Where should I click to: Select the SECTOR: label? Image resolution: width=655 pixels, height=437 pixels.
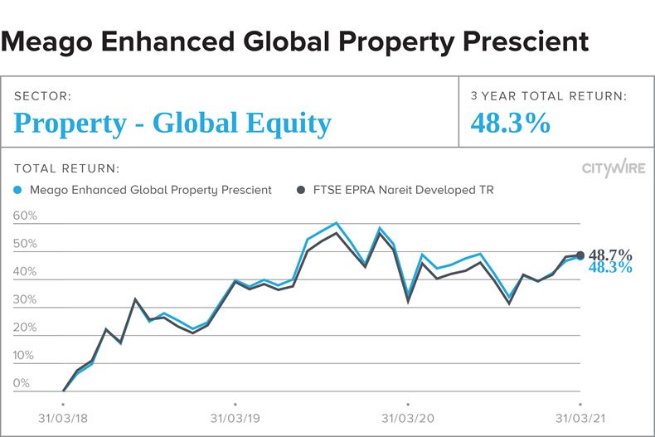pos(43,96)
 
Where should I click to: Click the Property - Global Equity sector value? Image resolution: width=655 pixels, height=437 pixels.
pos(172,124)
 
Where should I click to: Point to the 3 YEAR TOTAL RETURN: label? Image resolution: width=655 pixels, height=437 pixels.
pos(549,96)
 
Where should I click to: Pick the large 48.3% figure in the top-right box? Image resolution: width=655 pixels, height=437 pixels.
pos(511,124)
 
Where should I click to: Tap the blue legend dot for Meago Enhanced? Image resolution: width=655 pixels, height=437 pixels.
pos(19,190)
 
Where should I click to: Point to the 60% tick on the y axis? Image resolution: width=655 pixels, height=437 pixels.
pos(26,216)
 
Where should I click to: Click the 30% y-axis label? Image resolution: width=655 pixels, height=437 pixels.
pos(26,300)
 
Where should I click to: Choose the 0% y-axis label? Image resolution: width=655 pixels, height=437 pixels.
pos(22,384)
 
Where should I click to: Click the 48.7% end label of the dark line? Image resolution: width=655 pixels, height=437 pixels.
pos(610,255)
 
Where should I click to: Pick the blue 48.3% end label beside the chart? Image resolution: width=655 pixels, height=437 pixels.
pos(610,268)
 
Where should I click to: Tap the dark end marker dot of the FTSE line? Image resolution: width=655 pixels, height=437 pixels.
pos(580,255)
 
